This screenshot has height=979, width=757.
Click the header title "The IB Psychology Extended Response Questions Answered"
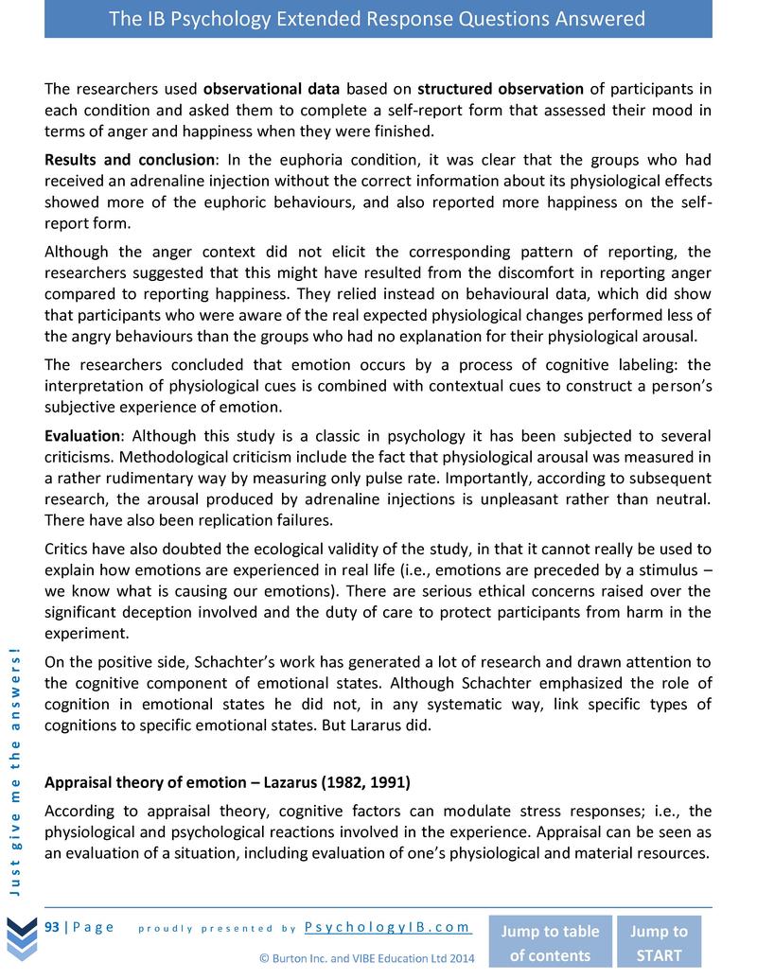378,19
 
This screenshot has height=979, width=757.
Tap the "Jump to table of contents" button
549,943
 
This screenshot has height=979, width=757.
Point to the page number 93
53,927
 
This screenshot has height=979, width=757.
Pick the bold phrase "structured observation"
501,90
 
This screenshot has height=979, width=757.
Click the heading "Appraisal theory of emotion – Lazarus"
227,783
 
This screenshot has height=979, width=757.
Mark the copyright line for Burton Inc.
368,957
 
